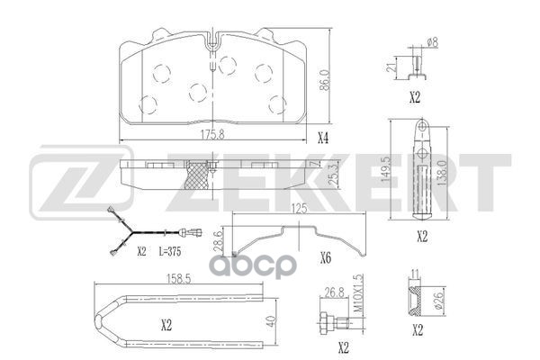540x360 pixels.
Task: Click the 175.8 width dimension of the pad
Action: pyautogui.click(x=212, y=135)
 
